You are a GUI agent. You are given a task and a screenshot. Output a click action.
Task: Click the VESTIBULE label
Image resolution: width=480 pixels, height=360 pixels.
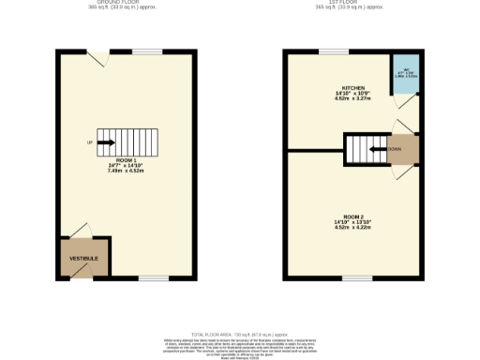click(x=84, y=257)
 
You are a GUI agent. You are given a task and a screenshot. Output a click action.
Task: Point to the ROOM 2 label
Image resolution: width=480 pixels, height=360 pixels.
click(x=352, y=217)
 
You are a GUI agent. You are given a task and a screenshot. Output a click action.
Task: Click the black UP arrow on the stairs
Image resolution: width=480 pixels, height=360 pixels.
click(x=105, y=142)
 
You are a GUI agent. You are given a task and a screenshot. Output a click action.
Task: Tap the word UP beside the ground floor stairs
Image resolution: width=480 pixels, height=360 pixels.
click(x=90, y=142)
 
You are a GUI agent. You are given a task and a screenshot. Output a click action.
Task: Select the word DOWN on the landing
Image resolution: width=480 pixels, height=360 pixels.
click(x=396, y=148)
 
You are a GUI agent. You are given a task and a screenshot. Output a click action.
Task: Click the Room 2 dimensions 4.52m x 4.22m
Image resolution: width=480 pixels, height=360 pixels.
click(x=352, y=228)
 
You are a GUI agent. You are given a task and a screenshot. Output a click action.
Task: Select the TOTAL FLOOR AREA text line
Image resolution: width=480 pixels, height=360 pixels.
click(x=239, y=334)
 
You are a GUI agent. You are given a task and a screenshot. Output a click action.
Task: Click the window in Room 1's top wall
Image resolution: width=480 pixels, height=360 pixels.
click(x=141, y=52)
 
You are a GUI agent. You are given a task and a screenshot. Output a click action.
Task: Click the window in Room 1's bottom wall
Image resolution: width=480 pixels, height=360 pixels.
click(x=153, y=277)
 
